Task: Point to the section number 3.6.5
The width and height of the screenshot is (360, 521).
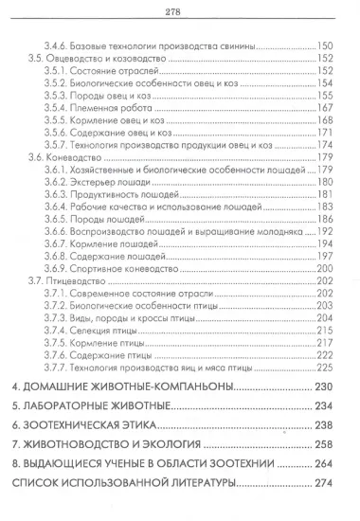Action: pos(62,218)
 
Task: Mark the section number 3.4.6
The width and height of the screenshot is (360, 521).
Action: pos(62,45)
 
